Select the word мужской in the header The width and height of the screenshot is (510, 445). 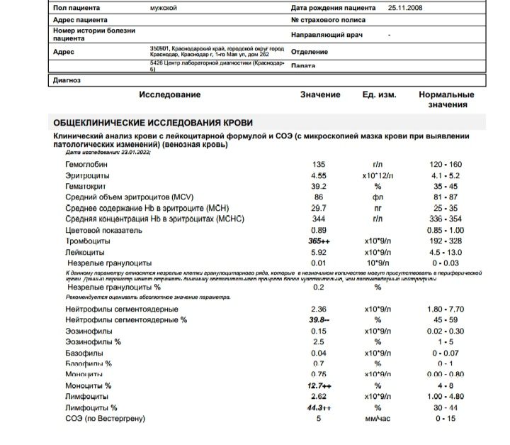point(164,7)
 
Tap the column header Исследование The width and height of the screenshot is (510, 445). point(170,94)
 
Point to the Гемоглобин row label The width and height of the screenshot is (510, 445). point(89,164)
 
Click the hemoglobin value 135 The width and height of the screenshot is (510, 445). point(318,164)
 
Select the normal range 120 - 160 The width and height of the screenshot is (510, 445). point(445,164)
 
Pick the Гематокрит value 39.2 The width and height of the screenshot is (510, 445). point(319,187)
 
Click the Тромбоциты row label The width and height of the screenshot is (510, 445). point(90,241)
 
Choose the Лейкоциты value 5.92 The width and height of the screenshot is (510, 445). point(319,252)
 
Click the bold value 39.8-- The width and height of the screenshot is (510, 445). point(322,320)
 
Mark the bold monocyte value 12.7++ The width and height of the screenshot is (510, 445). point(321,386)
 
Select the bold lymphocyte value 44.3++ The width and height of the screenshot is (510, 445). point(321,408)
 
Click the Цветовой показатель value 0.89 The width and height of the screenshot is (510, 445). point(319,231)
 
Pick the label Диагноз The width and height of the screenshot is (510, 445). point(67,80)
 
